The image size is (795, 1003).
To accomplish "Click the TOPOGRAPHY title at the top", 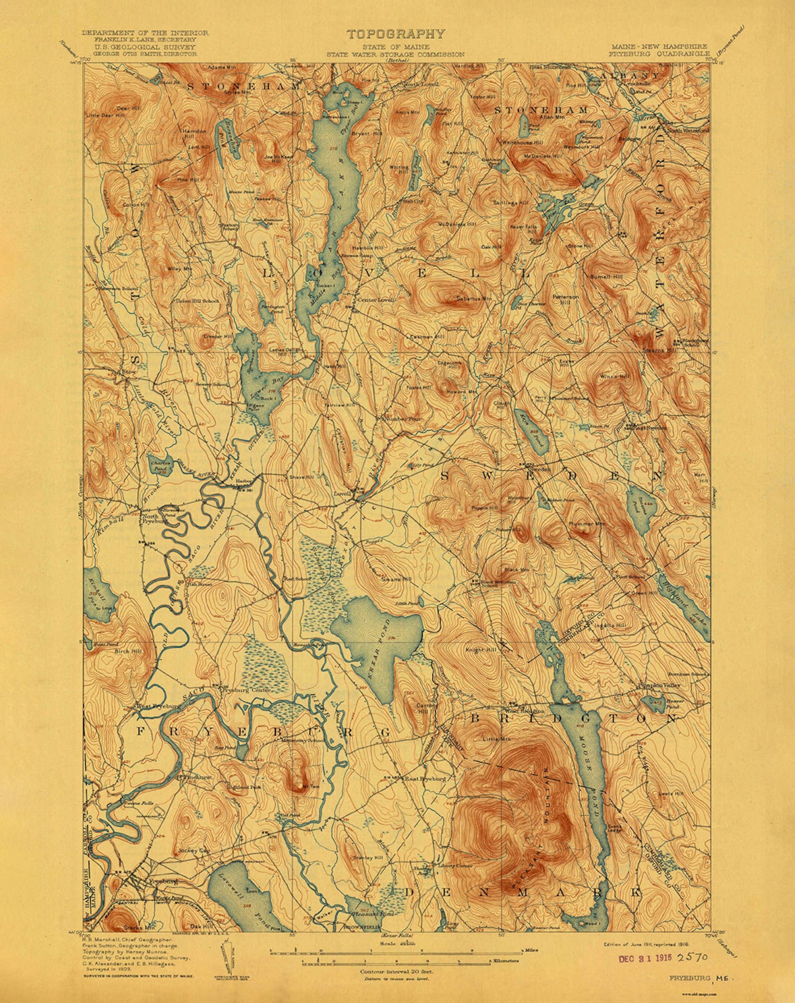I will click(x=395, y=34).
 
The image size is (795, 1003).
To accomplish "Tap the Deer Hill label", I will click(x=124, y=108).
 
